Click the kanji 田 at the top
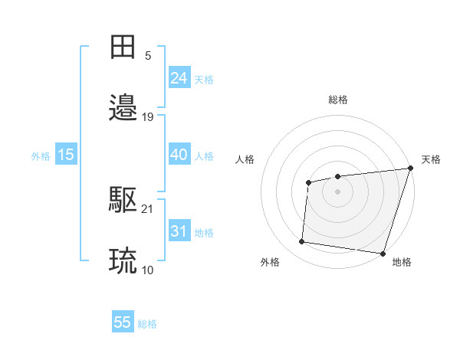(x=123, y=47)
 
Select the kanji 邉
(x=123, y=109)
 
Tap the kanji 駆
(x=123, y=201)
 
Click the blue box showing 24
(x=179, y=78)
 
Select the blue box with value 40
(x=179, y=155)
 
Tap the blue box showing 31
(x=179, y=231)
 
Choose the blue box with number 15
(x=66, y=155)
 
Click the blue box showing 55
(x=123, y=322)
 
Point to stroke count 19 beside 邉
(x=148, y=117)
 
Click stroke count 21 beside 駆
(x=148, y=208)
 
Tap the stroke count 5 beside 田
(x=148, y=55)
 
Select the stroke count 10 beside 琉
(x=148, y=270)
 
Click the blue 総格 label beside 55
(x=148, y=324)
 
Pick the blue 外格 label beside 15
(x=41, y=156)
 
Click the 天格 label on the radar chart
(x=431, y=159)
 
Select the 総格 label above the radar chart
(x=337, y=100)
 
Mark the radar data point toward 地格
(x=382, y=253)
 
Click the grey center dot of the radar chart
(x=337, y=191)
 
